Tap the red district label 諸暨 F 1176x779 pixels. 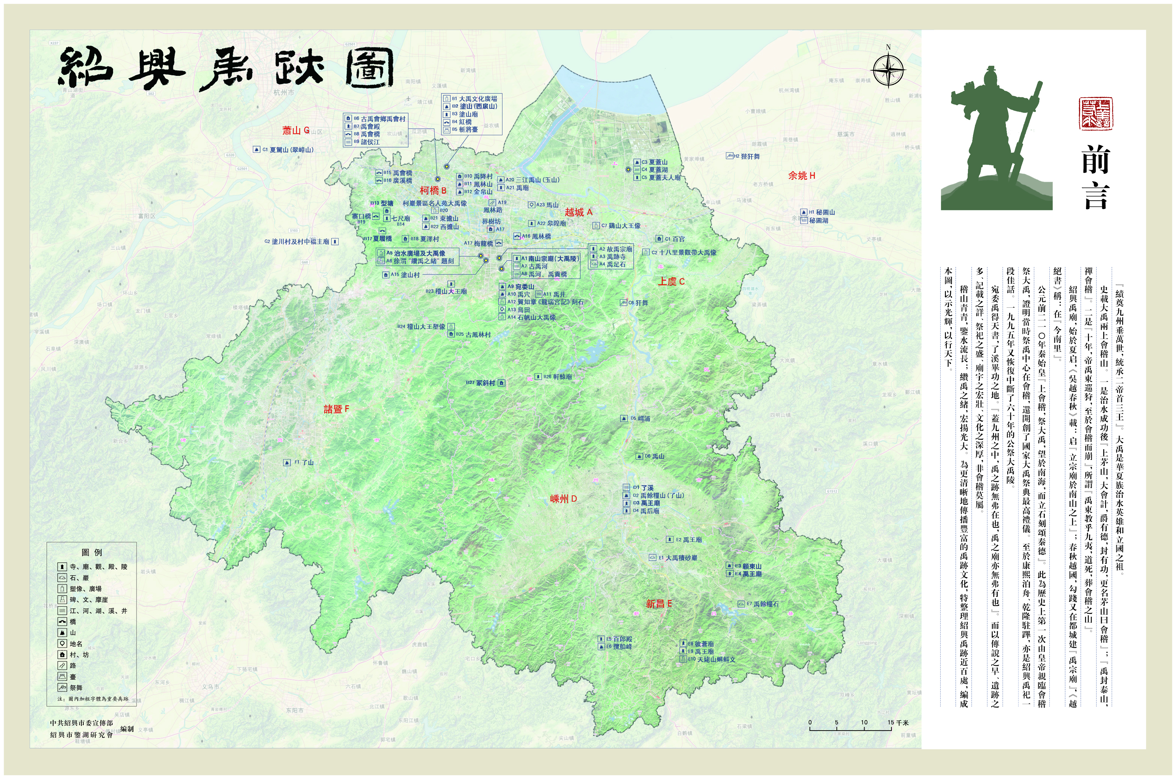[336, 409]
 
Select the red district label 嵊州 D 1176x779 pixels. [563, 499]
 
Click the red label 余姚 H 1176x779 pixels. [801, 176]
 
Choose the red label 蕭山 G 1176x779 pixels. [295, 131]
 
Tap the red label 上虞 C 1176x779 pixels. [671, 282]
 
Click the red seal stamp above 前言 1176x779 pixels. [1096, 114]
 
